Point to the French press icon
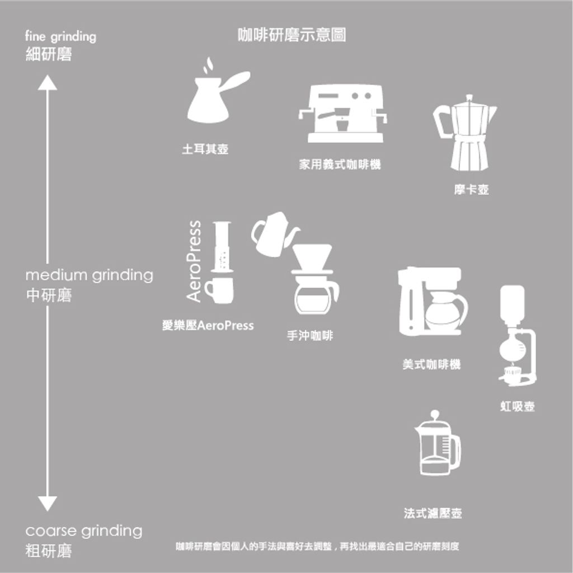point(438,443)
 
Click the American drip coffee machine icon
point(431,301)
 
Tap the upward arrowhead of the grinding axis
point(48,83)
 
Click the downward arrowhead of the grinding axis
point(48,504)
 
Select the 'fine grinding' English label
point(60,36)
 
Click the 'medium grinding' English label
point(89,275)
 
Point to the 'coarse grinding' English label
point(84,531)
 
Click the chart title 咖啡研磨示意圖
point(292,35)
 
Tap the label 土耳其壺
point(205,149)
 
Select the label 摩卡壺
point(471,190)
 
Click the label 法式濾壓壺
point(433,514)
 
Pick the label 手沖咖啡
point(310,336)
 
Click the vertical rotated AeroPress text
point(194,261)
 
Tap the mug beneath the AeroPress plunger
point(219,290)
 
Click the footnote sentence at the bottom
point(317,546)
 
